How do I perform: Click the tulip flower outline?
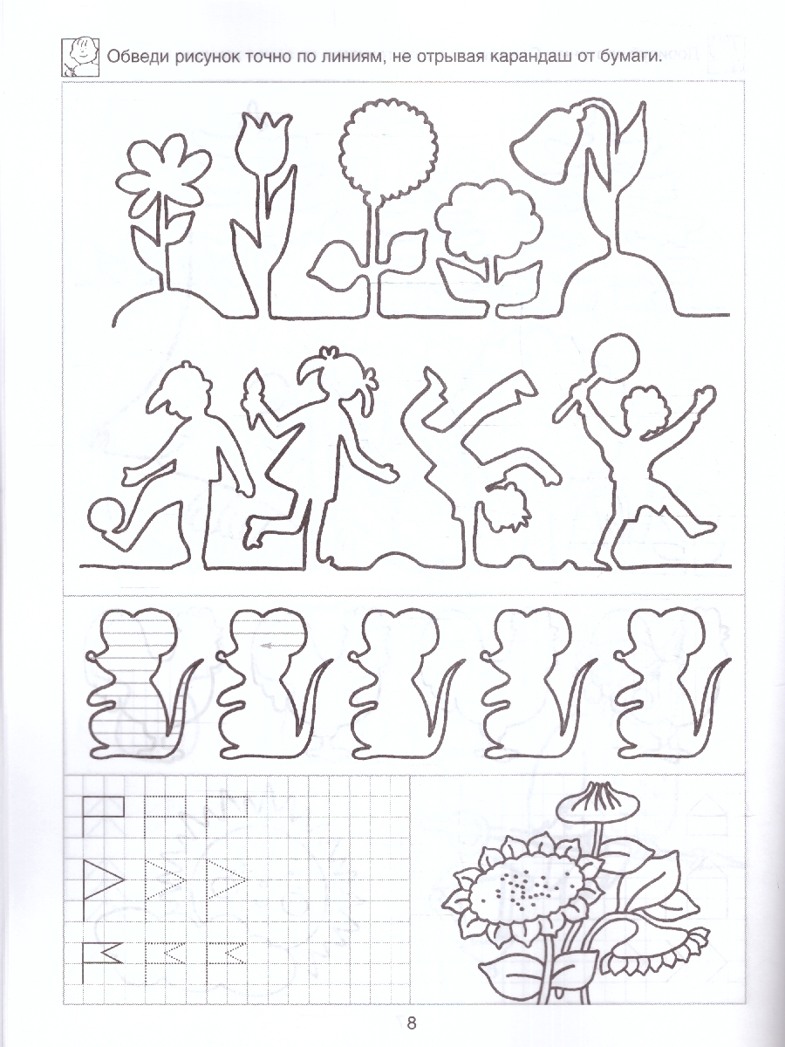click(263, 141)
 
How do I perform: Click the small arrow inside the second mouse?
click(269, 647)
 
